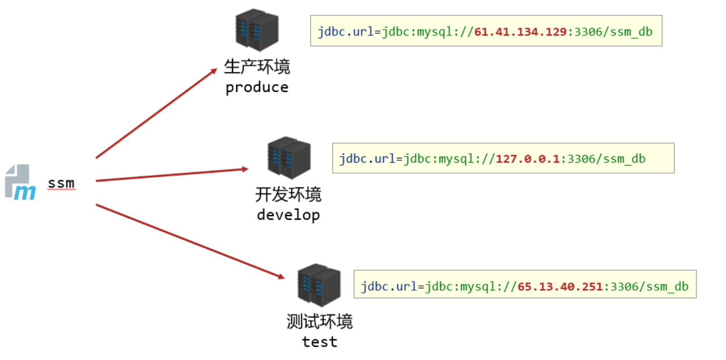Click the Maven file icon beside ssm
tap(20, 182)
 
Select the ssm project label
tap(61, 183)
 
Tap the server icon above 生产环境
tap(257, 30)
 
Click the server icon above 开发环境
tap(289, 157)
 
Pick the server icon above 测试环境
tap(319, 285)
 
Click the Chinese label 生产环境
tap(257, 67)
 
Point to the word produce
tap(257, 88)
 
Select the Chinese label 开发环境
tap(288, 195)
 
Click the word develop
tap(288, 215)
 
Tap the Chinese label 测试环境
tap(319, 321)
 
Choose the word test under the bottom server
tap(319, 341)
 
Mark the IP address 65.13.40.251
tap(561, 287)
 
